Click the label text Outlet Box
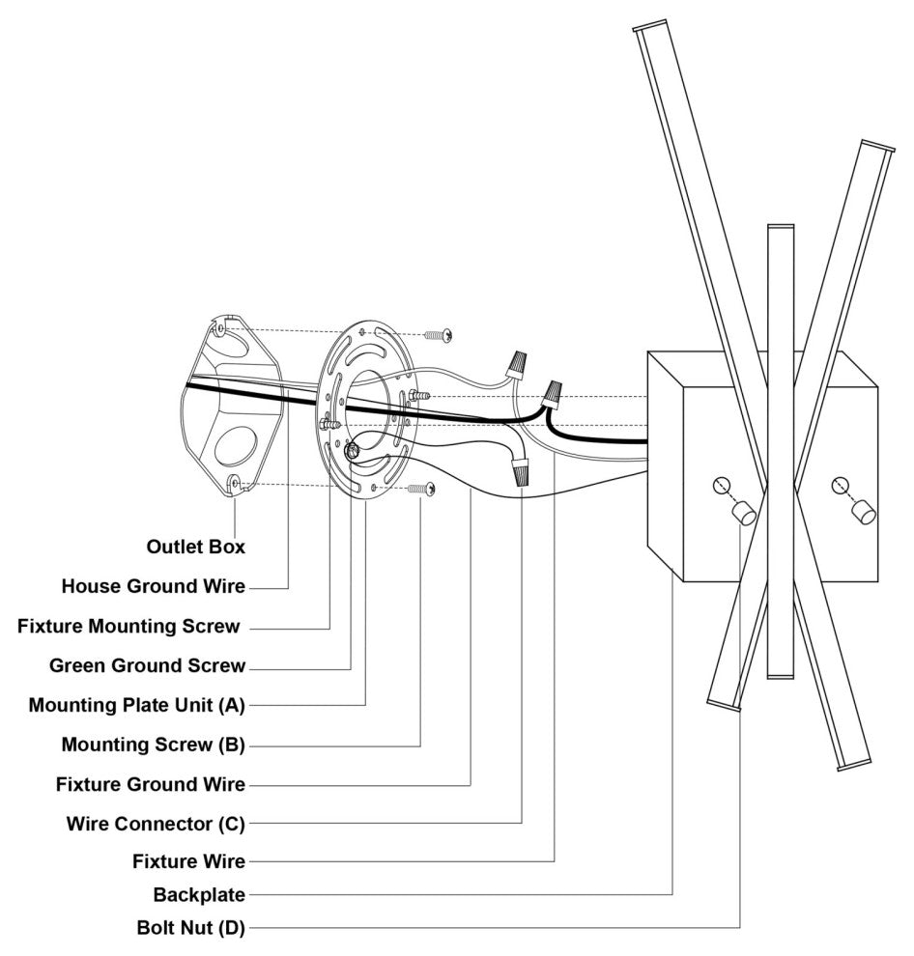tap(195, 547)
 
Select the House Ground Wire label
tap(153, 586)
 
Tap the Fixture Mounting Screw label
tap(129, 626)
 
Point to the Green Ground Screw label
tap(147, 665)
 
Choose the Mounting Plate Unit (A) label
tap(136, 705)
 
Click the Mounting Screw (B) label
tap(153, 745)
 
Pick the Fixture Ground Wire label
tap(150, 784)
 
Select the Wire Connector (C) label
tap(156, 824)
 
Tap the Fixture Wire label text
tap(188, 860)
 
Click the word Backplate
tap(198, 894)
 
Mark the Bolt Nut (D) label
tap(190, 929)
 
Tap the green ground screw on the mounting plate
tap(354, 448)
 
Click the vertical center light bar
tap(780, 454)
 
